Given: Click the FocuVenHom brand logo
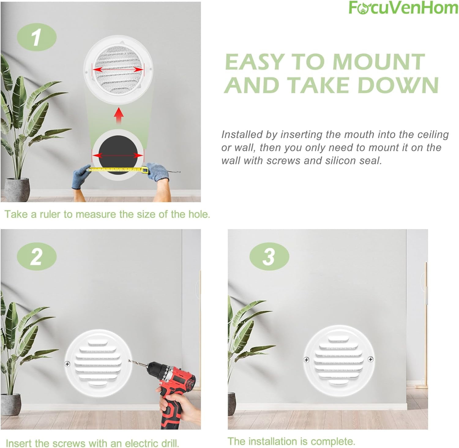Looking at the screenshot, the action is [x=403, y=8].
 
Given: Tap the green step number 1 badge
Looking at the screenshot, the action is [x=37, y=37].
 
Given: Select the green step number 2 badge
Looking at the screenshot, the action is [x=37, y=256].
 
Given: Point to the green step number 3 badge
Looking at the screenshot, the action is [x=269, y=256].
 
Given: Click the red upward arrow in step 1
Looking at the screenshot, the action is [x=118, y=117].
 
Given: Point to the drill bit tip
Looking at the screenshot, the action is [x=129, y=360].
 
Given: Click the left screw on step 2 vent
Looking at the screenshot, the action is [x=67, y=364].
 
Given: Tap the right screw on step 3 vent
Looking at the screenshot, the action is [x=370, y=359].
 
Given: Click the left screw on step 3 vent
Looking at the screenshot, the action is [x=306, y=360].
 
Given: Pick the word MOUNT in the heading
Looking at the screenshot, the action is [x=379, y=62].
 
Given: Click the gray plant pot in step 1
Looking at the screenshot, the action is [x=19, y=189].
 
